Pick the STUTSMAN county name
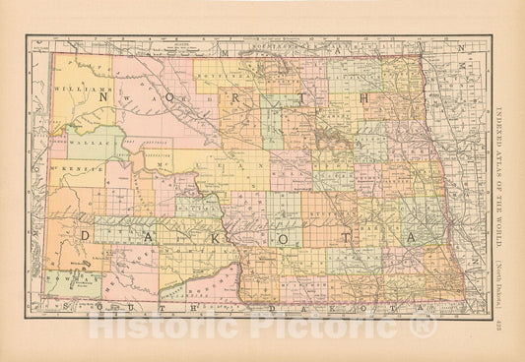point(326,210)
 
